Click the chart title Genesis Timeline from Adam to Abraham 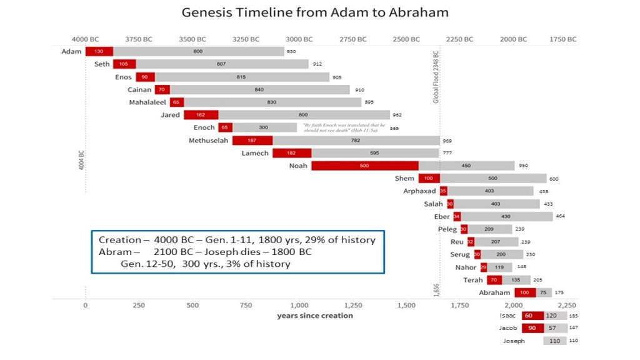pos(314,12)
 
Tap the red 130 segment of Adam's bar pos(99,51)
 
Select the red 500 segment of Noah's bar pos(364,166)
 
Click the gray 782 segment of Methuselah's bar pos(356,141)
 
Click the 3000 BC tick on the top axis pos(299,39)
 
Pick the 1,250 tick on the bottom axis pos(352,306)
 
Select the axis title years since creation pos(315,316)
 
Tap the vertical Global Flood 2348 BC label pos(436,78)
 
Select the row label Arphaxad pos(419,191)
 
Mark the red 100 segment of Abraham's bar pos(525,292)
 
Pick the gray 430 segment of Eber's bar pos(506,216)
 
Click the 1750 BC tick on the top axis pos(562,39)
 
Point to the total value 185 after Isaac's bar pos(573,316)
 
